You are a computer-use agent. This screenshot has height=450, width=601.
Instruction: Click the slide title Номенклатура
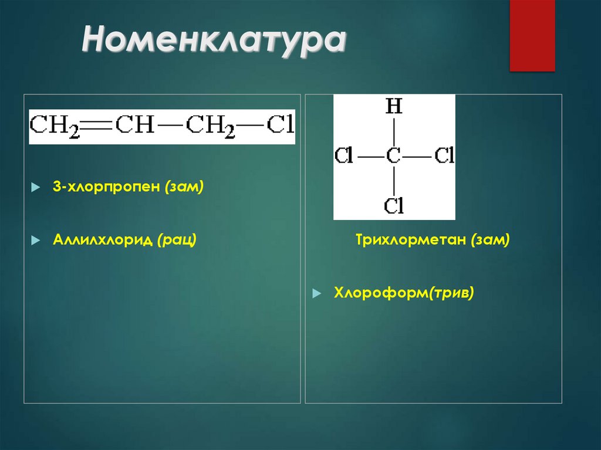[214, 43]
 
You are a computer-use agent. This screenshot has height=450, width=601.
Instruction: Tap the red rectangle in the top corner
[532, 35]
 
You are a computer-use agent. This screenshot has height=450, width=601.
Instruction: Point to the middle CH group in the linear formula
[134, 125]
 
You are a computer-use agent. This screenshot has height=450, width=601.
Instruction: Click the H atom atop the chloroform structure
[394, 107]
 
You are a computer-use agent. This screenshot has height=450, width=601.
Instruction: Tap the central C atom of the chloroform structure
[393, 157]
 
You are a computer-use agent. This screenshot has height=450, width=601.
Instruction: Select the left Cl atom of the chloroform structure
[344, 157]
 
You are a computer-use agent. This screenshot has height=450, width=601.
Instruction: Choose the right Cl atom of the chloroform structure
[444, 157]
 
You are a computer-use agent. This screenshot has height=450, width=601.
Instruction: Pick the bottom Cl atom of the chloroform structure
[394, 205]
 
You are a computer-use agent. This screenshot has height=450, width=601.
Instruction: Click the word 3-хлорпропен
[106, 187]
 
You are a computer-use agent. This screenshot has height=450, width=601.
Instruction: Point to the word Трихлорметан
[410, 239]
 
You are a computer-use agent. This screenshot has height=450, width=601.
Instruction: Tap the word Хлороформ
[380, 292]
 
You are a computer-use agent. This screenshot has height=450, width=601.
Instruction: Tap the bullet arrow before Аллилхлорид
[35, 240]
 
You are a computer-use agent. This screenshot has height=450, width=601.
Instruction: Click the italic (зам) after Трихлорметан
[489, 239]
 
